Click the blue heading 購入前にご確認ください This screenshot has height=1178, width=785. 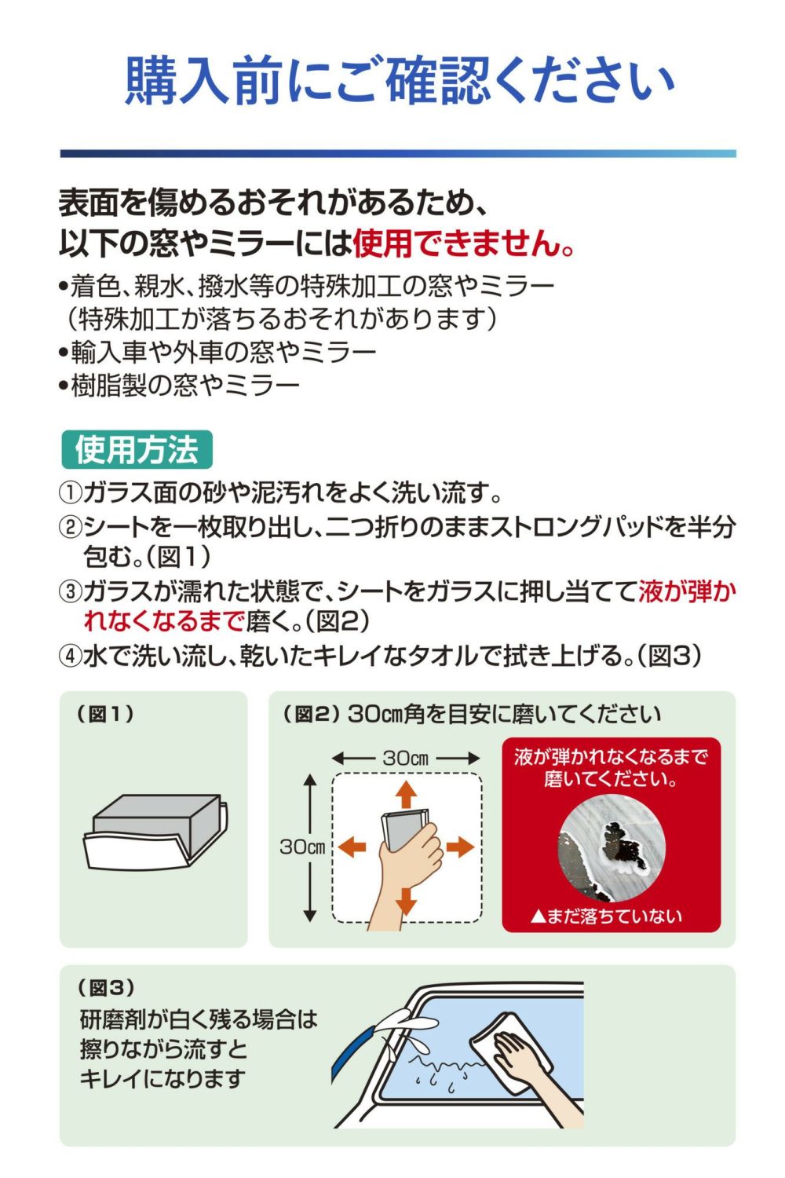[399, 82]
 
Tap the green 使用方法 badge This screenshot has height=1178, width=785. [137, 450]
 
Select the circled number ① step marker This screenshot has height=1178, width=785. [70, 492]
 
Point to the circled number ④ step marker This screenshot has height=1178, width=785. [70, 657]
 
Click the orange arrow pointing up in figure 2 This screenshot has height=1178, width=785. [405, 794]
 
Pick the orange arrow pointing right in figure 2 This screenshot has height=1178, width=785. [460, 847]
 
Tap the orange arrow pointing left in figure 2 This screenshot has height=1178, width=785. [352, 847]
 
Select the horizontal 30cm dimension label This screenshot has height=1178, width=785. [405, 758]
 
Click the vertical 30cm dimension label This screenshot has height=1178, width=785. [302, 847]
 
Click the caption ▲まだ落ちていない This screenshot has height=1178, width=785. [606, 916]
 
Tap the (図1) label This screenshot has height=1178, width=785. [105, 714]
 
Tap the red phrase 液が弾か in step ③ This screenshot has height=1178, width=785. [687, 591]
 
